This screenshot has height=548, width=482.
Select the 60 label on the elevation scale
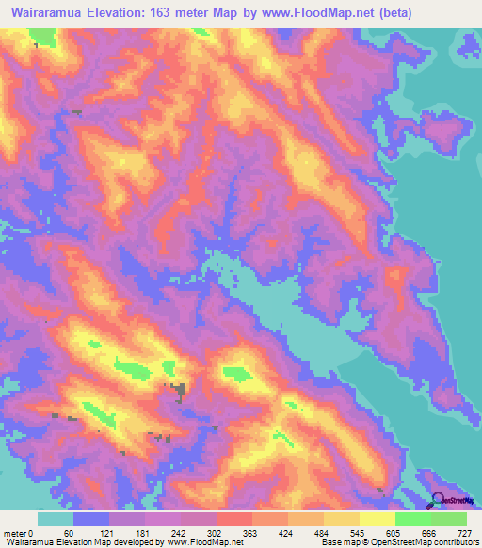tap(68, 533)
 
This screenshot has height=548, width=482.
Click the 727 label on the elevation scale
tap(465, 533)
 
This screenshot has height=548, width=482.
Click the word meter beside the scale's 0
tap(16, 533)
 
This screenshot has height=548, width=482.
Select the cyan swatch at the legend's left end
tap(56, 519)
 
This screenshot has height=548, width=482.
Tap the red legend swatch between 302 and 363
tap(234, 519)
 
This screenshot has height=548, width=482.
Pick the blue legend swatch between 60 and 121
tap(91, 519)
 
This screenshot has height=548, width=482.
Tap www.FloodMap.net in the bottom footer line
tap(204, 542)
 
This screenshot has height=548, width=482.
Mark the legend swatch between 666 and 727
tap(449, 519)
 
